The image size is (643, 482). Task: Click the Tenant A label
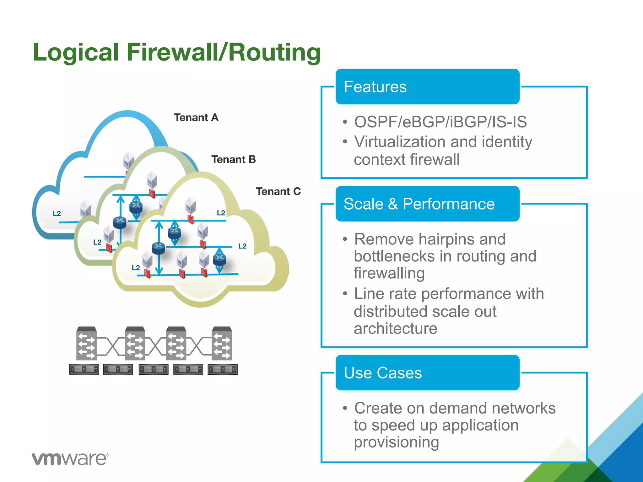[x=196, y=118]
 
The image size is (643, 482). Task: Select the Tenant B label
[x=233, y=159]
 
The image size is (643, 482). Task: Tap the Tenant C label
[x=278, y=191]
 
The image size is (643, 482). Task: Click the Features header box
[x=427, y=87]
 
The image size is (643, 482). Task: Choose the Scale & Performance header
[x=427, y=204]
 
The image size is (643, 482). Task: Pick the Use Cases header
[x=427, y=373]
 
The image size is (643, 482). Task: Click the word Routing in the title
[x=274, y=52]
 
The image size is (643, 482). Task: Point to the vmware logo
[x=70, y=459]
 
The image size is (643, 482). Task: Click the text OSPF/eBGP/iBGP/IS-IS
[x=440, y=122]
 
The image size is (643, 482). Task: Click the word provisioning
[x=396, y=442]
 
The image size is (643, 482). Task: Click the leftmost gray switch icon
[x=86, y=343]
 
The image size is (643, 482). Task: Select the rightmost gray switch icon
[x=222, y=343]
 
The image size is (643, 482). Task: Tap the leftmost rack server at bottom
[x=84, y=369]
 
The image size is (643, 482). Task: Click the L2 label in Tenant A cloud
[x=57, y=214]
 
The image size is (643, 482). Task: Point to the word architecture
[x=395, y=329]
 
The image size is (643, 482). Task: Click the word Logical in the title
[x=76, y=52]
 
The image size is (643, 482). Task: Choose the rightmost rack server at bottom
[x=223, y=369]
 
